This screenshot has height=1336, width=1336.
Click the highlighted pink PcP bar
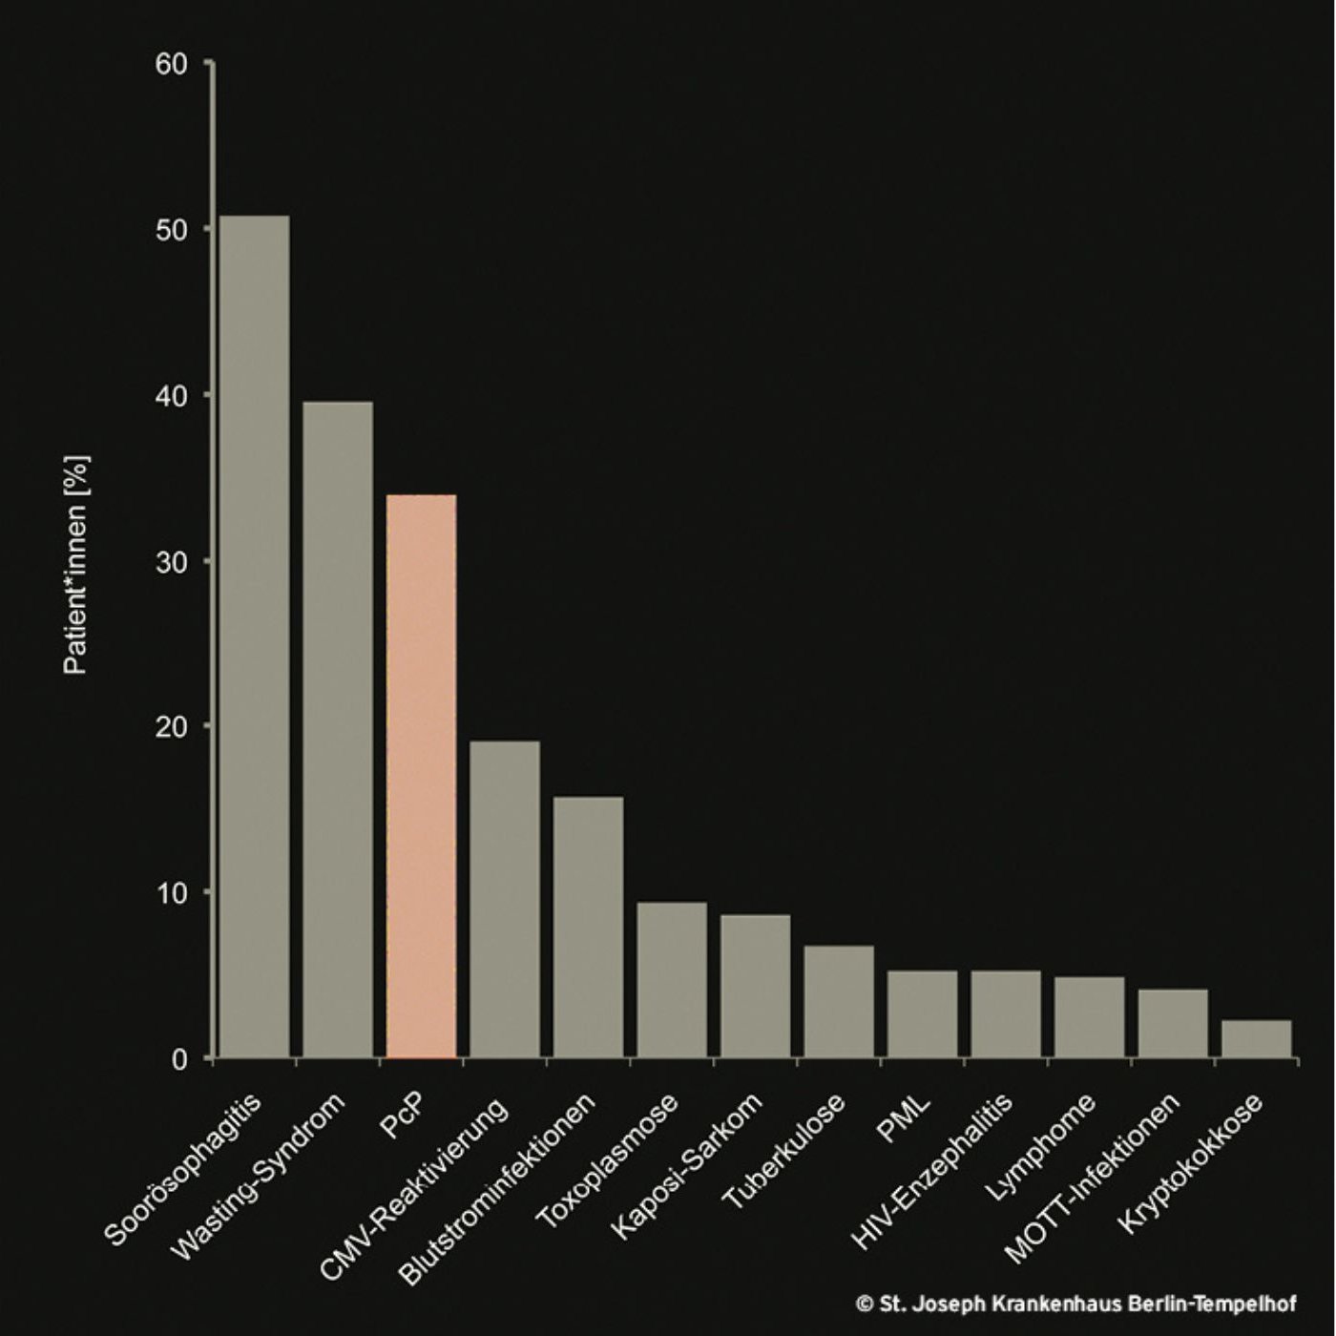[421, 775]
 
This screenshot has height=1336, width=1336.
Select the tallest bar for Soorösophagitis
[254, 637]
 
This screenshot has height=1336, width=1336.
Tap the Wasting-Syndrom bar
[338, 729]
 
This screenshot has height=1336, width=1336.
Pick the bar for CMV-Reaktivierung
[505, 899]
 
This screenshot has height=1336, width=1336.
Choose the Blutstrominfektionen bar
[588, 927]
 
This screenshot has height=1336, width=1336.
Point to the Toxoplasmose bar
[672, 979]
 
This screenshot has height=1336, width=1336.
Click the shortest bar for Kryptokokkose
[1256, 1038]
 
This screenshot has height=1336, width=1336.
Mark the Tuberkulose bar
[839, 1001]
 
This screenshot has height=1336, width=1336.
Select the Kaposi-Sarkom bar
[755, 986]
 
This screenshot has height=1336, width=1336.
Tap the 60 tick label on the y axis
[172, 64]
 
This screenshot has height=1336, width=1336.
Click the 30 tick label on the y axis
[172, 561]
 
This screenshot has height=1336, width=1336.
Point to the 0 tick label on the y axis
[179, 1059]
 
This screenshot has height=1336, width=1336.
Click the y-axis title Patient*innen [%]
[76, 565]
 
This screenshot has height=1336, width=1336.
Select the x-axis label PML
[904, 1120]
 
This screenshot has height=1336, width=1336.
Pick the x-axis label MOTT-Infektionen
[1093, 1179]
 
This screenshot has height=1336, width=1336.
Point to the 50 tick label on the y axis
[172, 230]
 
